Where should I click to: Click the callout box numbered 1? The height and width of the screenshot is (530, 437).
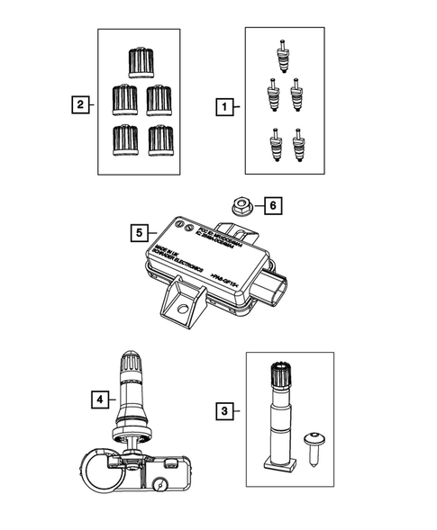click(221, 107)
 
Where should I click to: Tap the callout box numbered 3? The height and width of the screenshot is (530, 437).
click(222, 412)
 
